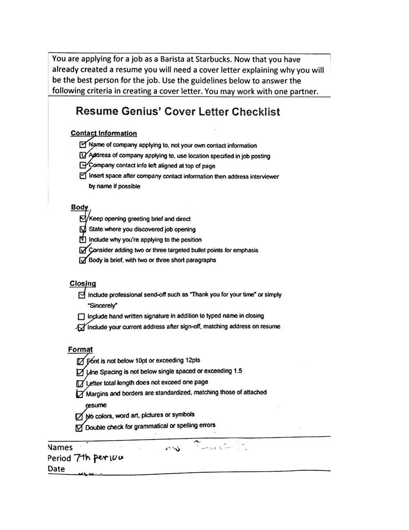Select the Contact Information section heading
point(104,133)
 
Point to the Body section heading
point(79,207)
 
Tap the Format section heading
point(80,349)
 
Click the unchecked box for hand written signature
point(81,316)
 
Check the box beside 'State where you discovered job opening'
point(82,229)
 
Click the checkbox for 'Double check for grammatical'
point(79,427)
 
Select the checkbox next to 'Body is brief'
point(82,261)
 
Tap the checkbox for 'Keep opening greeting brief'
point(82,219)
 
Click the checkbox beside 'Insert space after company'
point(82,176)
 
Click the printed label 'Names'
point(60,448)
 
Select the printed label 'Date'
point(56,469)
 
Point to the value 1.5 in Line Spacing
point(237,371)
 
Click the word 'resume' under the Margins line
point(95,404)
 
